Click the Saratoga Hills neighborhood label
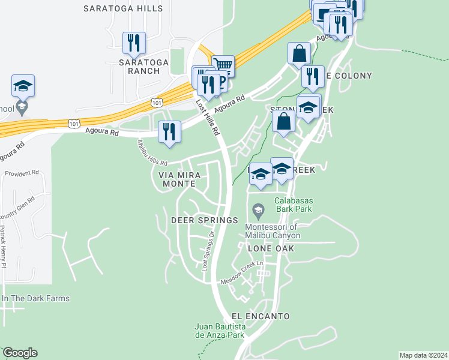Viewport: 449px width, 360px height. click(123, 9)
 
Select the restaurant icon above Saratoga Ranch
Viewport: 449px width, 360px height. click(133, 43)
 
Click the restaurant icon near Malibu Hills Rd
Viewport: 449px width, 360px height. click(169, 133)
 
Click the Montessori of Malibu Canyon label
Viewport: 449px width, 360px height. click(272, 231)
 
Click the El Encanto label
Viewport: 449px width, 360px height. click(261, 316)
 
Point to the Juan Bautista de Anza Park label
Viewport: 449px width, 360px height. click(219, 331)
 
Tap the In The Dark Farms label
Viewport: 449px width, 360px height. click(35, 298)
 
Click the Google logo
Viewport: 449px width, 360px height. click(20, 353)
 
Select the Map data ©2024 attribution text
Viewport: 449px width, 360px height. click(423, 355)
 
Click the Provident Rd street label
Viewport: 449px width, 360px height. click(22, 173)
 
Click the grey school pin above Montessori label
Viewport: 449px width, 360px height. click(258, 210)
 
